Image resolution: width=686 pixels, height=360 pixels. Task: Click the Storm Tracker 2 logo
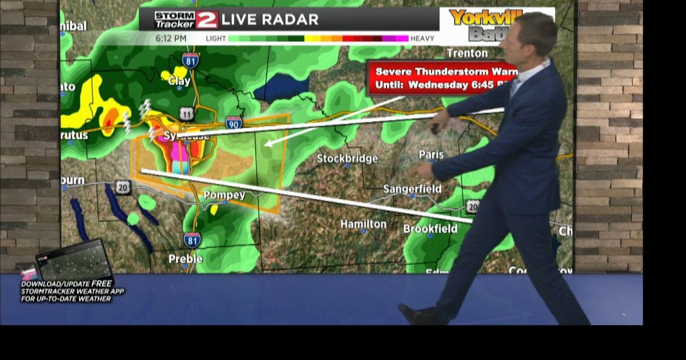(x=186, y=20)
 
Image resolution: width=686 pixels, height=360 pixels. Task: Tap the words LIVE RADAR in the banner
(x=270, y=20)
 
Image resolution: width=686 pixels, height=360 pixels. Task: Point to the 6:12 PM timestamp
(x=171, y=39)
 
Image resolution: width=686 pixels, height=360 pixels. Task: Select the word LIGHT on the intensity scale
(x=216, y=39)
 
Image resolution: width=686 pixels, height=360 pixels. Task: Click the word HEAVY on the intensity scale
(x=423, y=39)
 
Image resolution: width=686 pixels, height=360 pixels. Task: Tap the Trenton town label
(x=467, y=53)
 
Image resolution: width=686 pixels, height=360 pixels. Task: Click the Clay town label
(x=179, y=81)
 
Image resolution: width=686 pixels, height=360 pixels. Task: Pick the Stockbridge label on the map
(x=347, y=159)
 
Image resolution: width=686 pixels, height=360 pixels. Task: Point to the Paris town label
(x=431, y=154)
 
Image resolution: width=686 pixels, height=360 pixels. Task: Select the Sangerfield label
(x=412, y=189)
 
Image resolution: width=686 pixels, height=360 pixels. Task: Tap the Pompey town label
(x=224, y=194)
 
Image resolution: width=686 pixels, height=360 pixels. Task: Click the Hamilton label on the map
(x=363, y=224)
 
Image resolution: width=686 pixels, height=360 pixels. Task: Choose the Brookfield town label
(x=430, y=229)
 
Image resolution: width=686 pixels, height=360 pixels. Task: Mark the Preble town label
(x=185, y=259)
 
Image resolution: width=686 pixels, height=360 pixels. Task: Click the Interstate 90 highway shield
(x=234, y=123)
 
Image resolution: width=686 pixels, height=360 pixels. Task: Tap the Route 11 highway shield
(x=187, y=114)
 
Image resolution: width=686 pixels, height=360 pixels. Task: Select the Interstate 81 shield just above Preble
(x=192, y=239)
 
